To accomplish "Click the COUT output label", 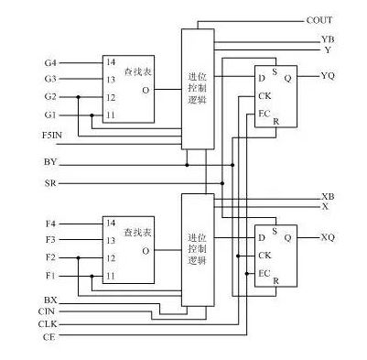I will [318, 19].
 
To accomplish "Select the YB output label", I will [328, 40].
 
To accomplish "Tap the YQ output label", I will [328, 76].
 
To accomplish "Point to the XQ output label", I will [328, 237].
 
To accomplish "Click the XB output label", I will [328, 197].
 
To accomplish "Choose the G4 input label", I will [50, 62].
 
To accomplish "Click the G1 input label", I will [50, 115].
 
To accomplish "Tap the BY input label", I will [50, 163].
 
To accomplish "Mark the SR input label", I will [50, 183].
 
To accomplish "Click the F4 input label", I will [50, 224].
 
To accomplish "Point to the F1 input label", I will [50, 275].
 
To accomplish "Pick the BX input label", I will [50, 300].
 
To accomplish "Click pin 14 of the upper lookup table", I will [110, 62].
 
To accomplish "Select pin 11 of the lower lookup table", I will [110, 275].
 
